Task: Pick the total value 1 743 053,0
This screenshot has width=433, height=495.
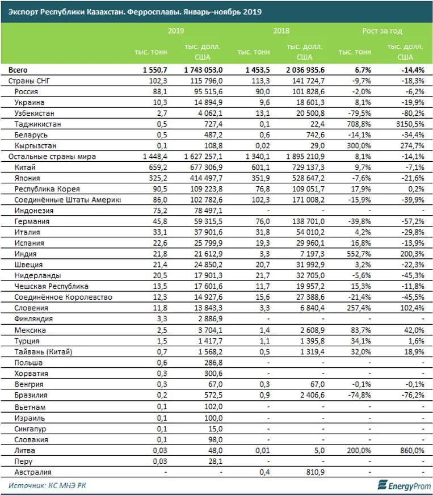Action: point(204,69)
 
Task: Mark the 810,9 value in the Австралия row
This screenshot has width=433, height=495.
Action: point(313,472)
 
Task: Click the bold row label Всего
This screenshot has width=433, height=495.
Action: point(18,69)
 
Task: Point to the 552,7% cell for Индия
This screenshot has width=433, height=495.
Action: point(358,254)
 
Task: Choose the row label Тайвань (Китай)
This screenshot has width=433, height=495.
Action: point(47,352)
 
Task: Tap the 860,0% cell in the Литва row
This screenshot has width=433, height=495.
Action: point(410,450)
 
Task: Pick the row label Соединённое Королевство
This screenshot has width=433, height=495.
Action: point(64,297)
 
